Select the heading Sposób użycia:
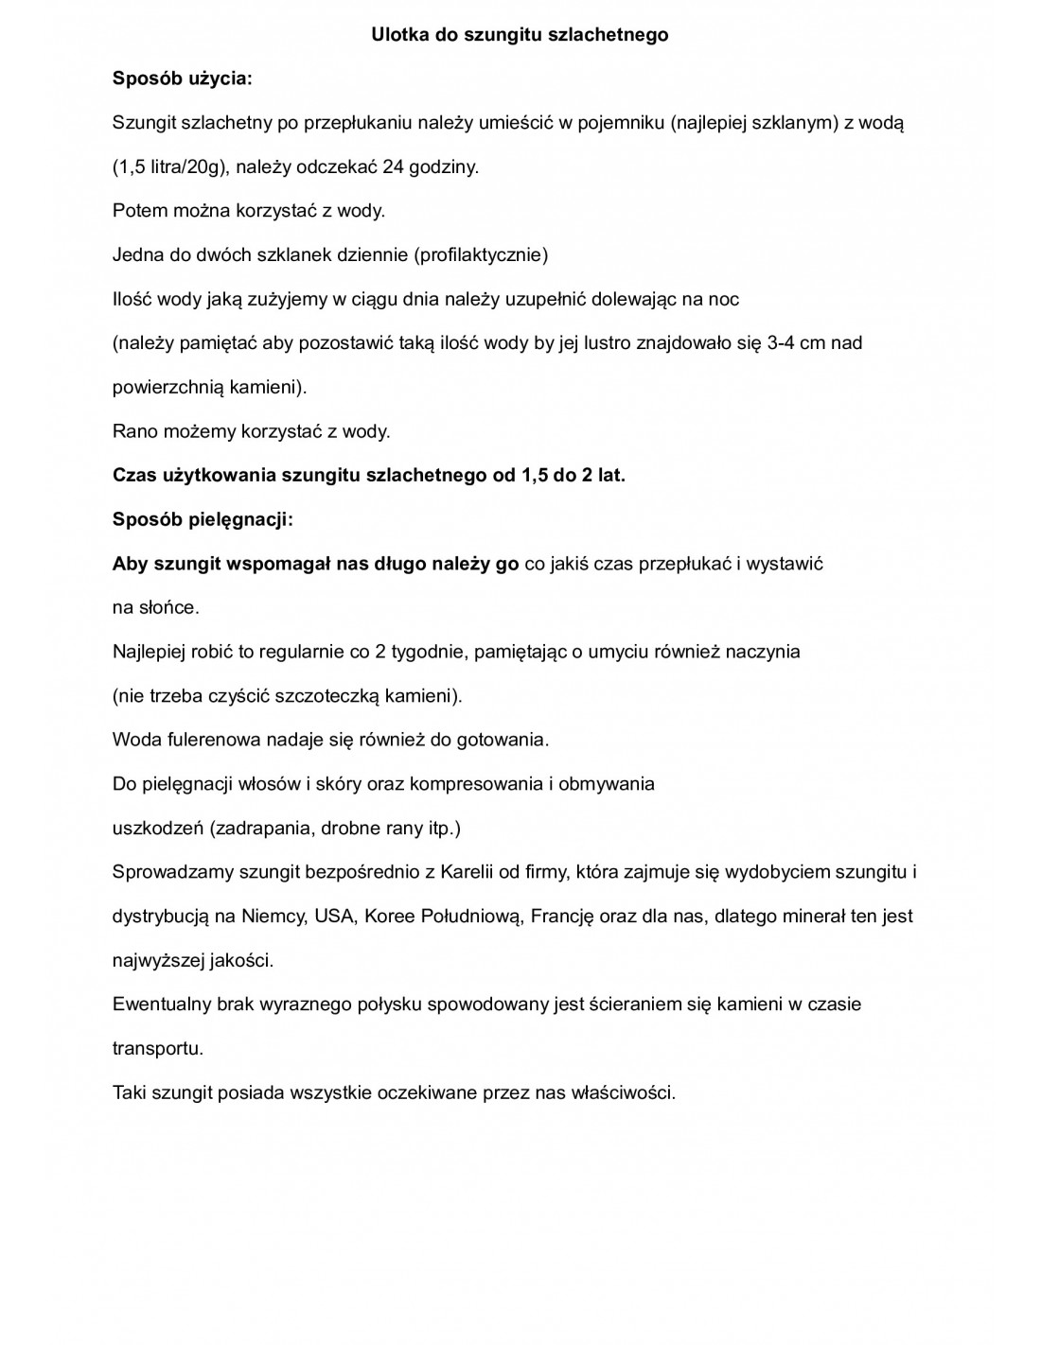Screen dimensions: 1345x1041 pos(182,79)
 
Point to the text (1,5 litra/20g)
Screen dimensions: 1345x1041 pos(169,167)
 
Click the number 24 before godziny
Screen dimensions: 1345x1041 pos(394,167)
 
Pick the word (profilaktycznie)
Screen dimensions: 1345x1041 pos(482,254)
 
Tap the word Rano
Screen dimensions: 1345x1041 pos(133,431)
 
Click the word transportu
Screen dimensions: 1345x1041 pos(157,1048)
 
